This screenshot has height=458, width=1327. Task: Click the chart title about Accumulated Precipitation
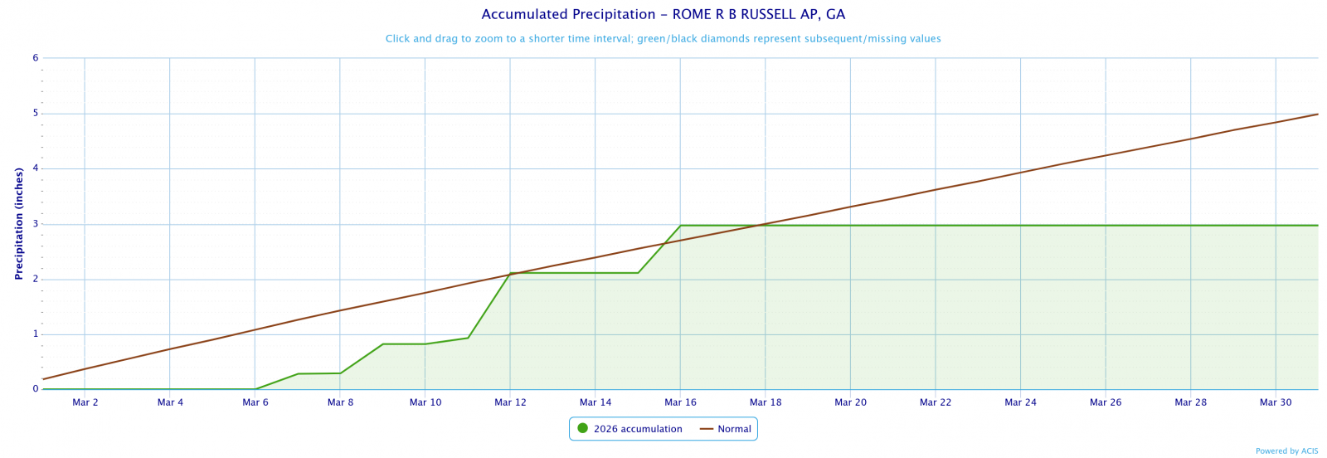pyautogui.click(x=663, y=15)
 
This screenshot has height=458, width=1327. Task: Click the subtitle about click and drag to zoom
pyautogui.click(x=663, y=39)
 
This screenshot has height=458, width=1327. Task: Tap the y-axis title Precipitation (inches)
pyautogui.click(x=19, y=223)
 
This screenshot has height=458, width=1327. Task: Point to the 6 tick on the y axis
pyautogui.click(x=36, y=58)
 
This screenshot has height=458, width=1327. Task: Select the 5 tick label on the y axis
pyautogui.click(x=36, y=114)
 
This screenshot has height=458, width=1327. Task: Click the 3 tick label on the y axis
pyautogui.click(x=36, y=224)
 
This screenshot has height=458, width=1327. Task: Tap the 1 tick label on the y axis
pyautogui.click(x=36, y=334)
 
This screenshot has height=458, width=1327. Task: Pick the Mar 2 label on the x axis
pyautogui.click(x=85, y=402)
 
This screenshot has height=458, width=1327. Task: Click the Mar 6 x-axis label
pyautogui.click(x=255, y=402)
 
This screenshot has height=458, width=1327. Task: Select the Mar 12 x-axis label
pyautogui.click(x=510, y=402)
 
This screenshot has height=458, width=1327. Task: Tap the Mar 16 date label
pyautogui.click(x=680, y=402)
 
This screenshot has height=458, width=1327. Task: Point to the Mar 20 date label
pyautogui.click(x=850, y=402)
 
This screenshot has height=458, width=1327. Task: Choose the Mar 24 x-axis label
pyautogui.click(x=1020, y=402)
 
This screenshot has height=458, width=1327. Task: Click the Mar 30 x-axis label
pyautogui.click(x=1276, y=402)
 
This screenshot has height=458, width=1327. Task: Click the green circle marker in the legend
pyautogui.click(x=582, y=429)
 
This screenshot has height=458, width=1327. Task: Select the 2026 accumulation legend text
pyautogui.click(x=638, y=429)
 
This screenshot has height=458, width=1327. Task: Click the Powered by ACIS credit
pyautogui.click(x=1286, y=451)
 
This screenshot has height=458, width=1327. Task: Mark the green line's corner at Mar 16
pyautogui.click(x=680, y=226)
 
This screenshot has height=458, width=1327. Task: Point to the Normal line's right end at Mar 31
pyautogui.click(x=1317, y=114)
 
